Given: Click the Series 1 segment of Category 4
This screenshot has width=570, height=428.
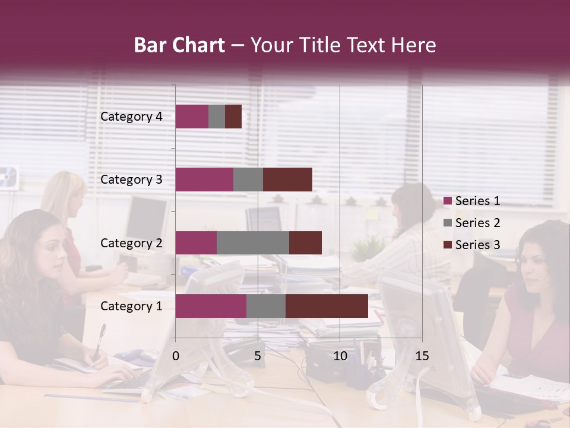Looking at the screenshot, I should point(192,117).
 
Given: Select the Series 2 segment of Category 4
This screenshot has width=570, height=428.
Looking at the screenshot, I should point(217,117).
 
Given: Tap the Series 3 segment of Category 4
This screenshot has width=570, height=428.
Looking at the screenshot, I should point(233,117).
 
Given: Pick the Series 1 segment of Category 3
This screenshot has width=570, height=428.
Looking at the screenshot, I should point(204,180).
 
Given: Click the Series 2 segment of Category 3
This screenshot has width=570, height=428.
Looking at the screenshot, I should point(248,180).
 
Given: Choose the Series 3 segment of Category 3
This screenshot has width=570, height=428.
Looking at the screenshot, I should point(287,180).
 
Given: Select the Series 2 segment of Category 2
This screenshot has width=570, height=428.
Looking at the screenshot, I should point(253,243).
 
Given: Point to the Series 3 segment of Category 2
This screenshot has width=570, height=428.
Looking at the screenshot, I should point(305,243).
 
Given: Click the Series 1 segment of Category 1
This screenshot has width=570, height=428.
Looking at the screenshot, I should point(211,306).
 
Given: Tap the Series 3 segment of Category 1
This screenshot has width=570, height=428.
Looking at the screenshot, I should point(327,306).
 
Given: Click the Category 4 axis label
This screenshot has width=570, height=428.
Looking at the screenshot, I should point(131,117).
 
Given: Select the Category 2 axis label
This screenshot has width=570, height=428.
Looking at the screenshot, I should point(131,243).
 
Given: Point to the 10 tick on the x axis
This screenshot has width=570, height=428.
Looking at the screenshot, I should point(340,356).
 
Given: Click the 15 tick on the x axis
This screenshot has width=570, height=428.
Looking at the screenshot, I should point(422,356).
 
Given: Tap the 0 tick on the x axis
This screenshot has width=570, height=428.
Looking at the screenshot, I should point(176,356).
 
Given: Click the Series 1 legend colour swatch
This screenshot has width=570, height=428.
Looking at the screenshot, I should point(448,201).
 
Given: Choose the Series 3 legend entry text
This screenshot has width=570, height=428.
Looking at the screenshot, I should point(477,245).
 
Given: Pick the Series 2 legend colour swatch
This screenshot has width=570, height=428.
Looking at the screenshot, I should point(448,223).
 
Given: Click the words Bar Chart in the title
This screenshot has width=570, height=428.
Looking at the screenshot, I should point(179,45).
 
